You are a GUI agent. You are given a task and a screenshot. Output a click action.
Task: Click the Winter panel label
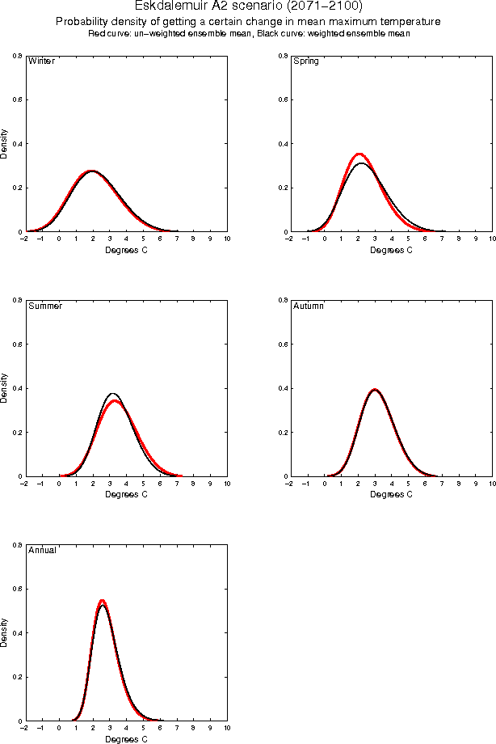pyautogui.click(x=41, y=61)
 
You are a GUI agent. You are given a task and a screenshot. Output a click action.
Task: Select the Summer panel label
pyautogui.click(x=44, y=306)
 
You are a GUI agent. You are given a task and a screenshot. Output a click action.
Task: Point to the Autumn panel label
pyautogui.click(x=308, y=306)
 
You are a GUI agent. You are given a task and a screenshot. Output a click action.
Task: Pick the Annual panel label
pyautogui.click(x=42, y=551)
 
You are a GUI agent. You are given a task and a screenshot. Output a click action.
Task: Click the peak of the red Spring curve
pyautogui.click(x=359, y=154)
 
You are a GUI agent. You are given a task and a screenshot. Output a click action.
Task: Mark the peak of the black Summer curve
pyautogui.click(x=113, y=393)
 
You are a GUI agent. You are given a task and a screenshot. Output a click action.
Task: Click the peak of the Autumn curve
pyautogui.click(x=374, y=389)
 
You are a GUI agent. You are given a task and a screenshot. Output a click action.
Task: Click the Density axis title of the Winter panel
pyautogui.click(x=5, y=142)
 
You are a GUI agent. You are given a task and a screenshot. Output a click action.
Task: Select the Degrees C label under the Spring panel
pyautogui.click(x=391, y=250)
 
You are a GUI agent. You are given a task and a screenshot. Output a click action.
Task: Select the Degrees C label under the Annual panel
pyautogui.click(x=127, y=739)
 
